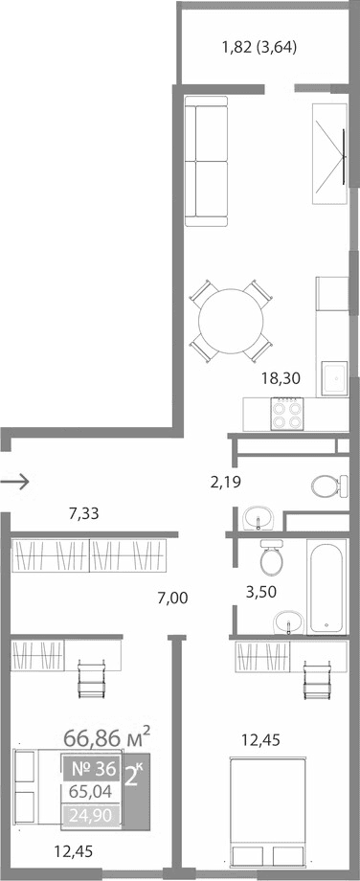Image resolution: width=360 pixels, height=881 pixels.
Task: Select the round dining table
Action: pyautogui.click(x=230, y=322)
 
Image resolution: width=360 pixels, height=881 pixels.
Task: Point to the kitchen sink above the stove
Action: pyautogui.click(x=334, y=375)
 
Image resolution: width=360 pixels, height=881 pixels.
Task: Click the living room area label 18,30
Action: pyautogui.click(x=281, y=378)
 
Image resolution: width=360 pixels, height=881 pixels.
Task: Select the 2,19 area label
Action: pyautogui.click(x=225, y=482)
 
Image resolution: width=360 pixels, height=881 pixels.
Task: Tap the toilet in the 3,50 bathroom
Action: pyautogui.click(x=272, y=555)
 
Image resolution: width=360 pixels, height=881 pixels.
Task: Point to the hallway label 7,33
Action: pyautogui.click(x=83, y=514)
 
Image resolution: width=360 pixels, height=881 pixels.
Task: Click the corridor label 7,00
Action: pyautogui.click(x=172, y=599)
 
